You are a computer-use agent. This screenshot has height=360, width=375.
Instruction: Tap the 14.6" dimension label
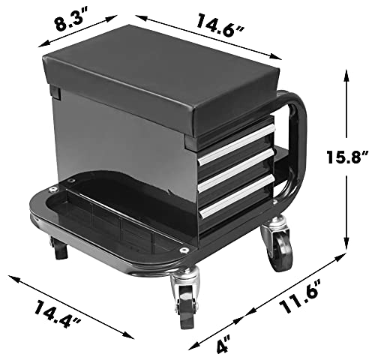click(220, 25)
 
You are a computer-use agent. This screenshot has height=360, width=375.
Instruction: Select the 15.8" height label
click(347, 157)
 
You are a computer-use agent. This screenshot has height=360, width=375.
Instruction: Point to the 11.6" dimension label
click(300, 297)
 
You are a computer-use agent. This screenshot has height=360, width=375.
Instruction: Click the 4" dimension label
click(223, 344)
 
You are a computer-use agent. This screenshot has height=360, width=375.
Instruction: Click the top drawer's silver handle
click(237, 145)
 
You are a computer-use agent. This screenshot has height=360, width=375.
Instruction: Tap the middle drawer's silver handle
click(235, 170)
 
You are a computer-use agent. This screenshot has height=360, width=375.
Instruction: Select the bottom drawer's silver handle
click(237, 196)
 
